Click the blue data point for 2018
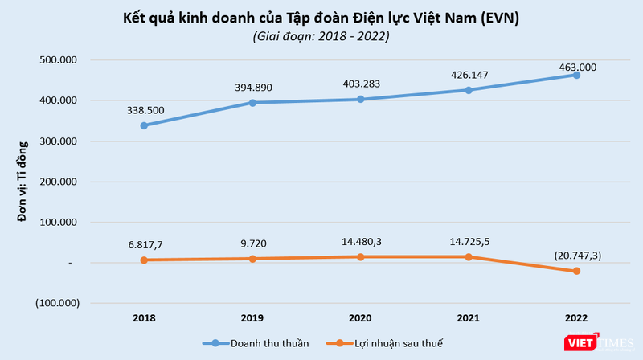coord(144,125)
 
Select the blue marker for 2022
coord(576,75)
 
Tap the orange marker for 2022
coord(576,272)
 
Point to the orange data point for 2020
coord(360,256)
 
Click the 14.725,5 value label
coord(468,240)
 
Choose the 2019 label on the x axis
coord(252,319)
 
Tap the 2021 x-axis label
coord(468,319)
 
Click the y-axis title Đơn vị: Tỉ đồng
coord(23,181)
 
